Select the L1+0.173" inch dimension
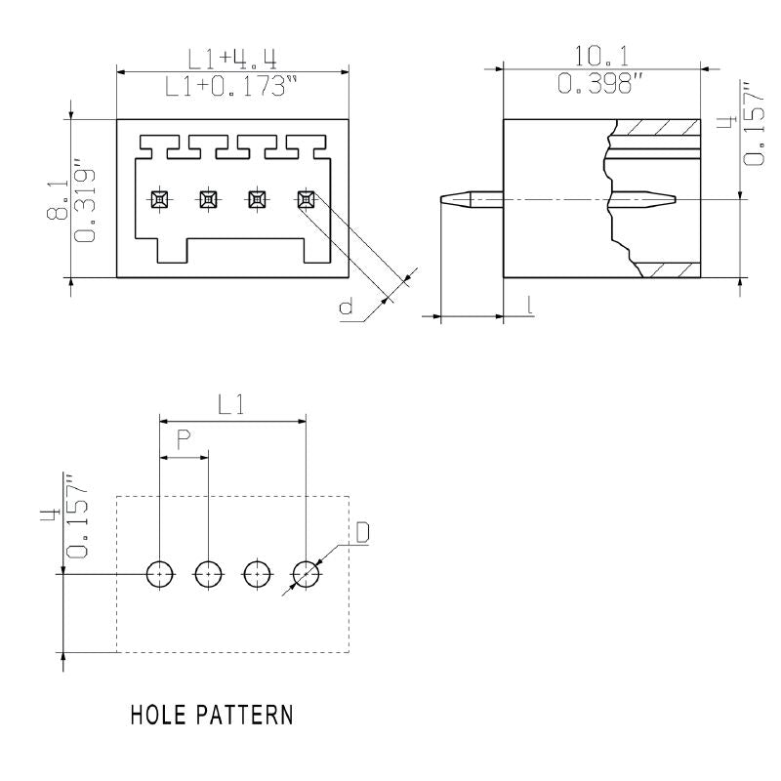click(x=231, y=87)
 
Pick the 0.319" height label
click(x=86, y=205)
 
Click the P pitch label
click(x=183, y=440)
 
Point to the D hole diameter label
click(x=362, y=533)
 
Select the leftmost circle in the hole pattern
click(x=159, y=574)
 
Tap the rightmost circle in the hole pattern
click(x=306, y=574)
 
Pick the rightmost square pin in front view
click(x=306, y=199)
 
